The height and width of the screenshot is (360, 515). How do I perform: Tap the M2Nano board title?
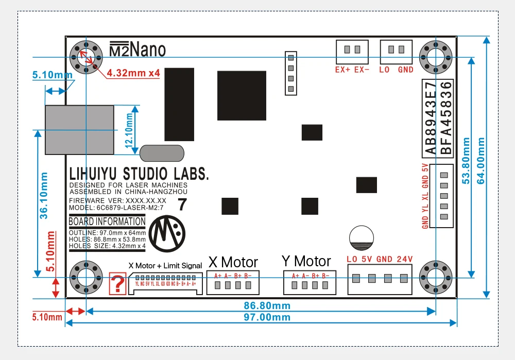pos(138,49)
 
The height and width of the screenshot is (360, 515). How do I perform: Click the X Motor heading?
pos(233,262)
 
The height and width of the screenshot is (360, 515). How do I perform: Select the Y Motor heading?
pos(306,261)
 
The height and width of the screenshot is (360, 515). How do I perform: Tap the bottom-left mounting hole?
pos(85,278)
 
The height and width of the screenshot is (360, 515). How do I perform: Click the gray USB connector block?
pos(79,130)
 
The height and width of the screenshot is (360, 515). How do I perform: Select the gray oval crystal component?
pos(162,153)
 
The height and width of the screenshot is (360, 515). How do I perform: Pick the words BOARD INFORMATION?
pos(107,222)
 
